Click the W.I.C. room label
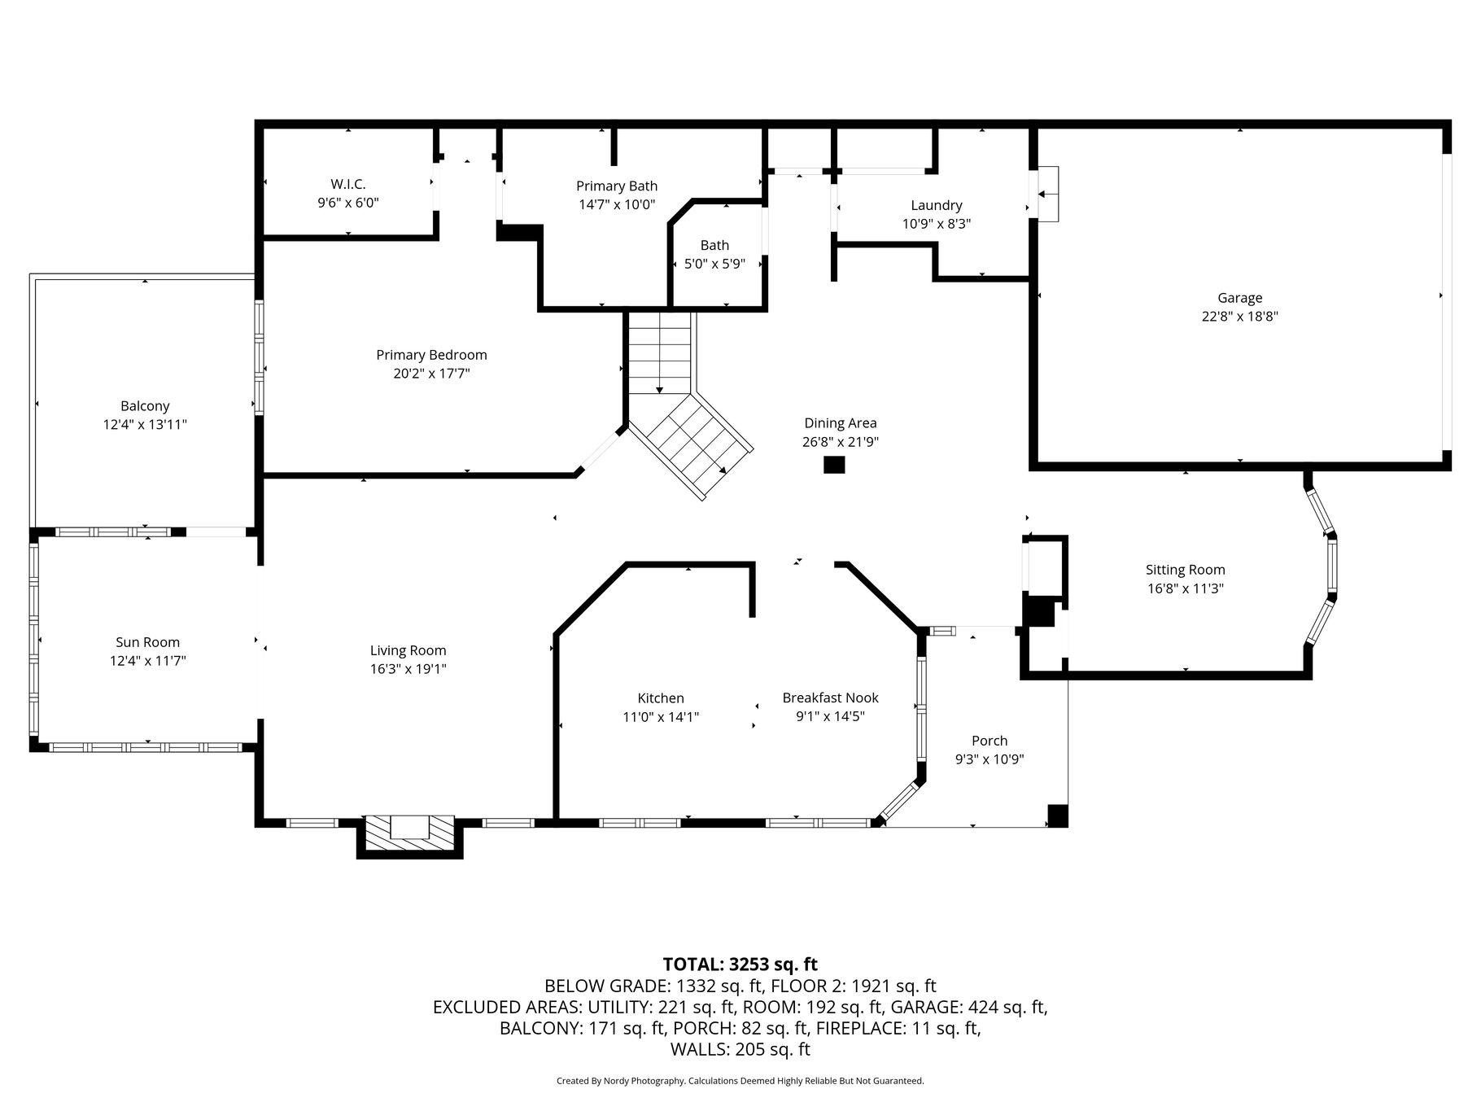[x=348, y=185]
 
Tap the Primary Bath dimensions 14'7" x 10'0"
[x=617, y=205]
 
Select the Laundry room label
[x=937, y=205]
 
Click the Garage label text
[x=1240, y=298]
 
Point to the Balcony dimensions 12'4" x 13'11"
[x=145, y=424]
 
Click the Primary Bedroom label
[x=431, y=355]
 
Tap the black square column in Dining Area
[x=834, y=465]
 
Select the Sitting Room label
[x=1186, y=570]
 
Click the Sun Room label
[x=148, y=642]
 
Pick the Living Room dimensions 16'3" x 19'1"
[x=408, y=669]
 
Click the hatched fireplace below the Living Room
[x=409, y=833]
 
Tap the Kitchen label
[x=661, y=698]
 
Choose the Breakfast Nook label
[x=831, y=698]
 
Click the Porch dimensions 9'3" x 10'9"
[x=990, y=759]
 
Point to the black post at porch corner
[x=1057, y=816]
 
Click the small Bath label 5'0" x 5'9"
[x=714, y=254]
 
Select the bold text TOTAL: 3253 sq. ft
[x=740, y=964]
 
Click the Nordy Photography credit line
[x=740, y=1081]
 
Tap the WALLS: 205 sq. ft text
[x=740, y=1049]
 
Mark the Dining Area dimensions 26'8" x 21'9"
[x=841, y=442]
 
